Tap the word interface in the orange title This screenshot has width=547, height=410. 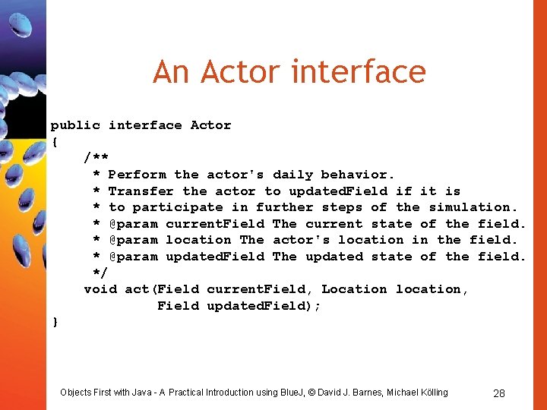[359, 72]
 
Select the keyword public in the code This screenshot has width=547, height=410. [75, 125]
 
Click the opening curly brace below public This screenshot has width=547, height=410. [55, 141]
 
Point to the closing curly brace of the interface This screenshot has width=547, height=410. [55, 322]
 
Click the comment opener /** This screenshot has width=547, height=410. [96, 158]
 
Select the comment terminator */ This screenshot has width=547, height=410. [100, 273]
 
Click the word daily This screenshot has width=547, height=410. [292, 175]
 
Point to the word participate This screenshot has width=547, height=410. [178, 207]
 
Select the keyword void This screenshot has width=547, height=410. [100, 289]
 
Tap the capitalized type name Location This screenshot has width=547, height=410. [354, 289]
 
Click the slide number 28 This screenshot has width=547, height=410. [499, 393]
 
